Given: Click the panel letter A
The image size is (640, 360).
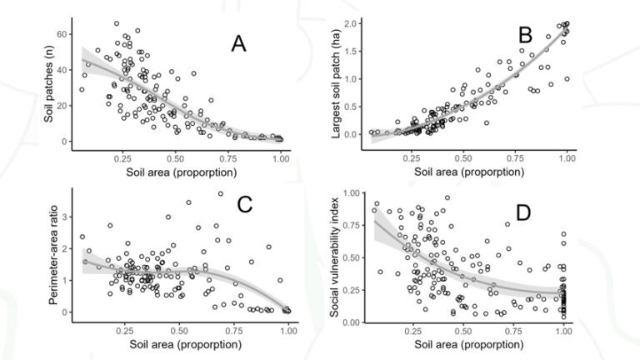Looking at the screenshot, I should tap(239, 45).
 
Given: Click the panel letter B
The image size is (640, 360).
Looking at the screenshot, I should tap(525, 35).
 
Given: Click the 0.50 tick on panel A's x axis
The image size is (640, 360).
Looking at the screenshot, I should tap(176, 157).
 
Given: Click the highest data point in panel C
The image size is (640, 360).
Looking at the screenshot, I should tap(221, 194).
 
